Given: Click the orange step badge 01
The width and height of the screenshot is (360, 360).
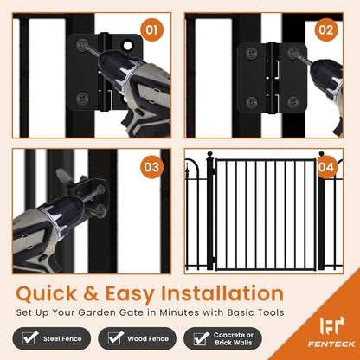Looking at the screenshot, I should [x=152, y=31].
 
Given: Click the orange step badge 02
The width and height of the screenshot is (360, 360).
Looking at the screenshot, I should [x=325, y=30].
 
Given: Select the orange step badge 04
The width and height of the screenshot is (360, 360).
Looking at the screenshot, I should [x=325, y=164].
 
